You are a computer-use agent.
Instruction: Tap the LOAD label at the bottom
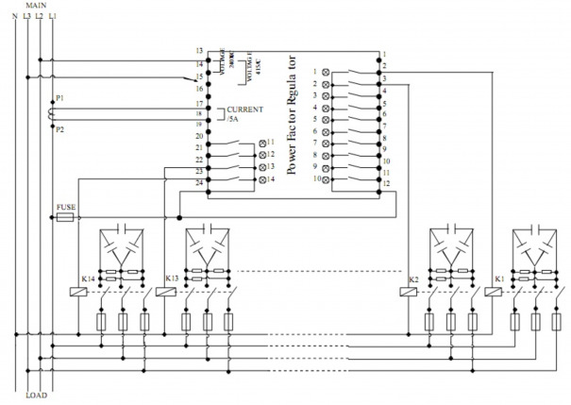[x=36, y=395]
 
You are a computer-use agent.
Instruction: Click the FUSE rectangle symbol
[x=66, y=216]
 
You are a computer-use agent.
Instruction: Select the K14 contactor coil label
[x=88, y=279]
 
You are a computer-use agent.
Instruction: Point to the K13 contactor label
[x=171, y=279]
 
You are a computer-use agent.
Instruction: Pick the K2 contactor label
[x=413, y=279]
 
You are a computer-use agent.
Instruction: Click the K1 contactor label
[x=498, y=279]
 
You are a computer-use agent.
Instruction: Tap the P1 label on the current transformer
[x=61, y=97]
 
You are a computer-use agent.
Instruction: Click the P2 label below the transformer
[x=61, y=128]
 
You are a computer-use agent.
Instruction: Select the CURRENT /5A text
[x=244, y=114]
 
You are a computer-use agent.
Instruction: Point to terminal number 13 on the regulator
[x=200, y=49]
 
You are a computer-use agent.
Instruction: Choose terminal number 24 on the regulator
[x=200, y=181]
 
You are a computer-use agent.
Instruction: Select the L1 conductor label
[x=53, y=17]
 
